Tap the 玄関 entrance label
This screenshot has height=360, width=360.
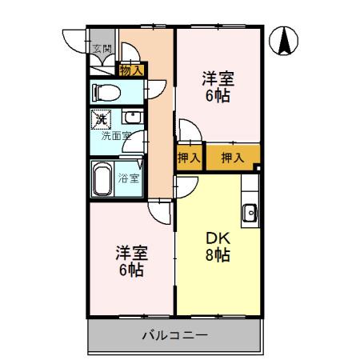click(x=102, y=50)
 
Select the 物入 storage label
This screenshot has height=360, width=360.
click(x=130, y=71)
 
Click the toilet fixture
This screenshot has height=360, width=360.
click(x=106, y=91)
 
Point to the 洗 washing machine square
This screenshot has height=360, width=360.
click(x=101, y=120)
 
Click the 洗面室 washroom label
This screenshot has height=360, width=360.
click(x=113, y=136)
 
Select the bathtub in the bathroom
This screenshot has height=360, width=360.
click(x=102, y=180)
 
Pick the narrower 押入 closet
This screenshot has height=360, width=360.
click(x=190, y=158)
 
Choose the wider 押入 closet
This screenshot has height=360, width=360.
click(x=232, y=158)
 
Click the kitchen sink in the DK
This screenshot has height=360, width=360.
click(x=250, y=213)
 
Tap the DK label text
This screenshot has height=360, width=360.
click(x=218, y=238)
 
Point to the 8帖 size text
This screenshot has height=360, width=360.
click(x=218, y=256)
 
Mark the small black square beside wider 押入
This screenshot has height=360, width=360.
click(x=257, y=167)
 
